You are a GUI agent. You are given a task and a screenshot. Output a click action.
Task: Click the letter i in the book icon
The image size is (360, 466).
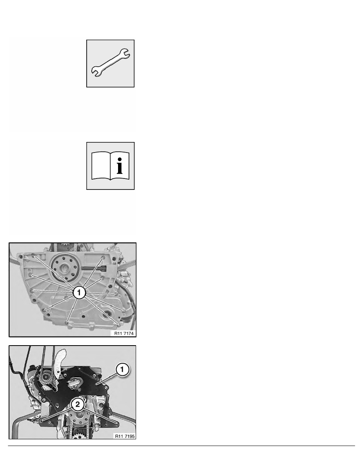(x=120, y=166)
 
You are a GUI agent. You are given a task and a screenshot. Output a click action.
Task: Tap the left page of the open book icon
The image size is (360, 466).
(x=101, y=166)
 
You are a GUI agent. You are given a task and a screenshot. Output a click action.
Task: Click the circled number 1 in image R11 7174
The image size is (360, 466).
(x=79, y=293)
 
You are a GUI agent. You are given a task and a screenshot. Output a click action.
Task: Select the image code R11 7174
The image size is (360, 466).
(x=124, y=333)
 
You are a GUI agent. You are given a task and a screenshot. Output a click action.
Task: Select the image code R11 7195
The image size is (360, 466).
(x=125, y=436)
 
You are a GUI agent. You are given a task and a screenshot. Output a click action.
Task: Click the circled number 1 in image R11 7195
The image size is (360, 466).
(x=122, y=370)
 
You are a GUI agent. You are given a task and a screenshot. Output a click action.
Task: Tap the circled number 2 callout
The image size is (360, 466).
(x=78, y=404)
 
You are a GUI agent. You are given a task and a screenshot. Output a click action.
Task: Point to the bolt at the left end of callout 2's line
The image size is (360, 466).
(x=40, y=421)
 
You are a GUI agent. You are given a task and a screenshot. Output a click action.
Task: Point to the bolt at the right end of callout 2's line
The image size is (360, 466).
(x=117, y=424)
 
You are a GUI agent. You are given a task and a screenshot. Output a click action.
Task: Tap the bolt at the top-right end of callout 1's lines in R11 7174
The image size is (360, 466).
(x=104, y=257)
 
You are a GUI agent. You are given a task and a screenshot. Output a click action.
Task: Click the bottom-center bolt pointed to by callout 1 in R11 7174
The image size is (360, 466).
(x=67, y=322)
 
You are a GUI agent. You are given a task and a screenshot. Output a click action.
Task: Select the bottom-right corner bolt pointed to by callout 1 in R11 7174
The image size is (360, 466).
(x=119, y=324)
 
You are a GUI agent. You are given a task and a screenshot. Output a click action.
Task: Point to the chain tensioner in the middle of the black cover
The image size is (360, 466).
(x=74, y=384)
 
